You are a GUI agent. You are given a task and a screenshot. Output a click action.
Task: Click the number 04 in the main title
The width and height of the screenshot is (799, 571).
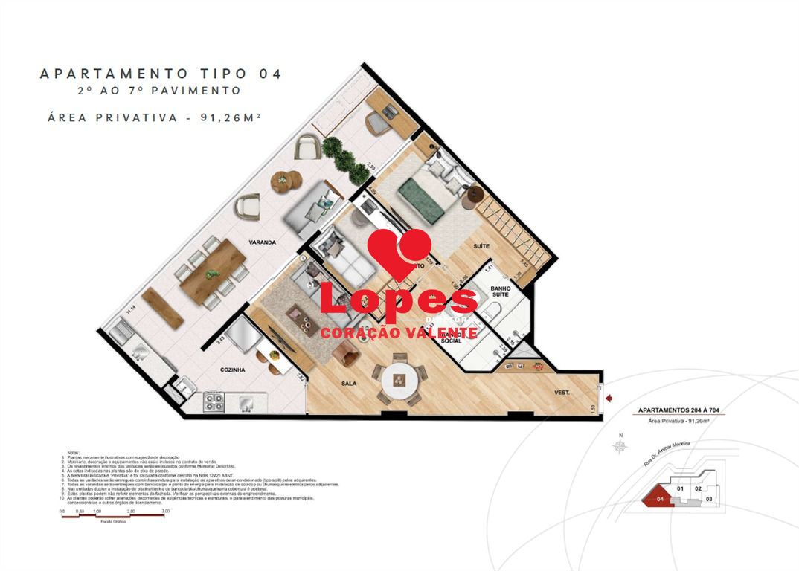(x=270, y=74)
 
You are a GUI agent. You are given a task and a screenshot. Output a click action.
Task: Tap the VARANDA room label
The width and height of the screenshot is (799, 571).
(x=263, y=242)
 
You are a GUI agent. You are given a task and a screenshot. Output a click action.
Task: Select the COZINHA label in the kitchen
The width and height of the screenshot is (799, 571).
(x=233, y=369)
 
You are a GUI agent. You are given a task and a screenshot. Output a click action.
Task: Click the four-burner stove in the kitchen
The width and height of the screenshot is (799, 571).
(x=214, y=403)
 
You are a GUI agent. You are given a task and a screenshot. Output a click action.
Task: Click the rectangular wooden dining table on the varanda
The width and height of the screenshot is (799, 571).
(x=214, y=268)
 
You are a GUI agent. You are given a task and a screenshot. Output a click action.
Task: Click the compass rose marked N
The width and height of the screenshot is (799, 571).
(x=619, y=445)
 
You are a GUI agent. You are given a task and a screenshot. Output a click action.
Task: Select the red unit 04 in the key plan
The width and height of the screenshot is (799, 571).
(x=659, y=498)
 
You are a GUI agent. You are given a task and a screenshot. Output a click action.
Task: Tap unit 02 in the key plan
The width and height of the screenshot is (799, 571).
(x=698, y=488)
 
